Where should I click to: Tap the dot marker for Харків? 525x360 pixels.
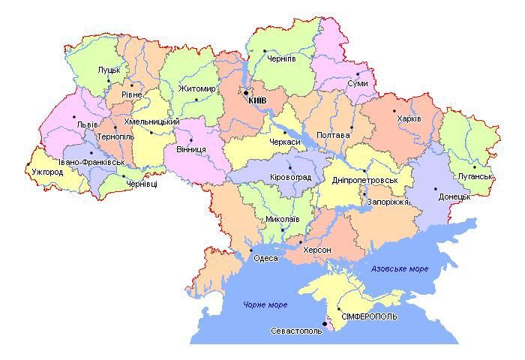[395, 111]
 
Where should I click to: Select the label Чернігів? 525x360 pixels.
[280, 58]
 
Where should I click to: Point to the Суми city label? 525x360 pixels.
[357, 83]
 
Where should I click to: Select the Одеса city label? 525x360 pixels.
[266, 258]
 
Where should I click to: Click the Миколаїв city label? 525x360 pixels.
[282, 219]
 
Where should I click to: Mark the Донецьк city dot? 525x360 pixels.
[435, 189]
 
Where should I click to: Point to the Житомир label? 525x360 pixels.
[197, 89]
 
